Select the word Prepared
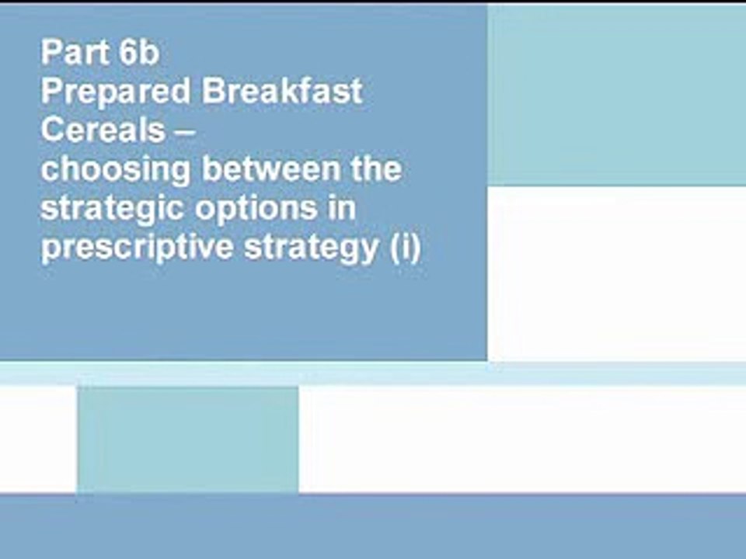pos(116,92)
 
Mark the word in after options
pos(342,208)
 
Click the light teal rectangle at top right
pos(616,95)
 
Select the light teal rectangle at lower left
pos(187,439)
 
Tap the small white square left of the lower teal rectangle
pos(38,439)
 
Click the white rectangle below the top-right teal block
pos(616,273)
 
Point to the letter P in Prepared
pos(50,92)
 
